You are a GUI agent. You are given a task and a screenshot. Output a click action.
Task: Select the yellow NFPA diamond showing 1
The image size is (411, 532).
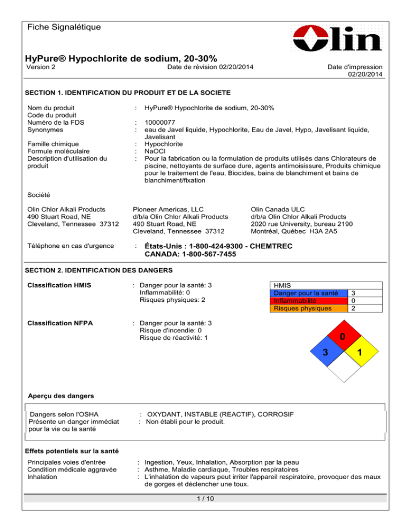tap(362, 353)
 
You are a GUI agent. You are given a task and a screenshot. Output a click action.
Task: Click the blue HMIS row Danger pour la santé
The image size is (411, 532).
tap(305, 293)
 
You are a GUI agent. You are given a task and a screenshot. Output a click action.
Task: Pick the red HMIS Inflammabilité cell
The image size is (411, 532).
tap(305, 301)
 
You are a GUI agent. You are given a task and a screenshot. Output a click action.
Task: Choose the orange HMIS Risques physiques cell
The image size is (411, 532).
tap(305, 308)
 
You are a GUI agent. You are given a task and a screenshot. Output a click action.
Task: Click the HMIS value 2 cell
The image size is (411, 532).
tap(353, 308)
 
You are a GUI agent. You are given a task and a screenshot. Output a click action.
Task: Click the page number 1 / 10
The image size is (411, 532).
tap(205, 499)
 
